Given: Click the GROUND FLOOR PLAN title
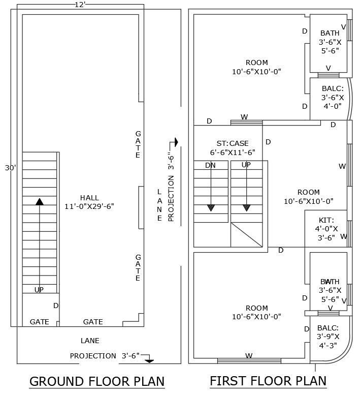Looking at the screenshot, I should [x=97, y=381].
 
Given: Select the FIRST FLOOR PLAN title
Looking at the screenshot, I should [x=268, y=381].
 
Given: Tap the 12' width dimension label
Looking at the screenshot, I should [x=80, y=5].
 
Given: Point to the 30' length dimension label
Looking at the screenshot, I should [x=10, y=168].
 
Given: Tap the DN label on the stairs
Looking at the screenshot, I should [x=210, y=165].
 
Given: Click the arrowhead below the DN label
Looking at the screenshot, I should [x=211, y=207].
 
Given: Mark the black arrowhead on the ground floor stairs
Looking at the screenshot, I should [x=40, y=201].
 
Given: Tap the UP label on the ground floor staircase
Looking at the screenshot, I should [x=39, y=290].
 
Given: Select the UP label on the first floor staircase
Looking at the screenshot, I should [x=246, y=165].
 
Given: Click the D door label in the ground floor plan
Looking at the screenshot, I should [x=56, y=306].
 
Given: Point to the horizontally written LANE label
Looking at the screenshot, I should [x=90, y=341].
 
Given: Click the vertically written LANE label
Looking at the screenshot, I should [x=159, y=205].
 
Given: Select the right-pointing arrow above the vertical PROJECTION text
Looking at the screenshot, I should [x=176, y=142].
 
